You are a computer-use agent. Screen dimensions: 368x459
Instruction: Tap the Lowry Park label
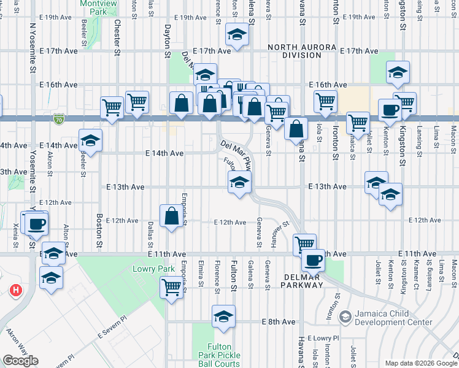[149, 269]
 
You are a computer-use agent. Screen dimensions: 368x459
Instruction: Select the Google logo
[20, 361]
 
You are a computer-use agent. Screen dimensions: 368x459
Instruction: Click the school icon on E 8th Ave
[223, 318]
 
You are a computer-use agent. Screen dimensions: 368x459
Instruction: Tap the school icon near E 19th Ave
[236, 35]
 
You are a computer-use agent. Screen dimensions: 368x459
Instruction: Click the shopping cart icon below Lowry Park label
[171, 287]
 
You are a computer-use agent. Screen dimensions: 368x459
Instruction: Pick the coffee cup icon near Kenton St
[389, 110]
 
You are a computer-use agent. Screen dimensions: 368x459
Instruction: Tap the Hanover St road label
[280, 231]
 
